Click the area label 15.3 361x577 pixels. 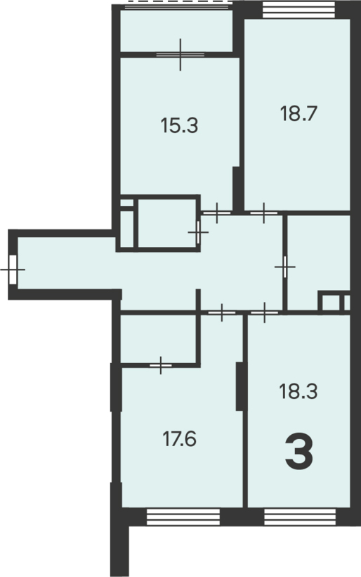coord(179,125)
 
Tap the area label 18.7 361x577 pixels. coord(298,113)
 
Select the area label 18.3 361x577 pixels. coord(298,391)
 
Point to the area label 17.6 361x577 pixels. coord(180,439)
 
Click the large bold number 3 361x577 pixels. coord(299,452)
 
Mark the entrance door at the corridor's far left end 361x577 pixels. coord(13,270)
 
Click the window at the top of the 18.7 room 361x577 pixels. coord(299,10)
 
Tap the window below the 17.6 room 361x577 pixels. coord(183,517)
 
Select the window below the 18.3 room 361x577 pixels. coord(300,517)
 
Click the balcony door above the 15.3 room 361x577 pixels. coord(180,54)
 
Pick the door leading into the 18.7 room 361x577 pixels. coord(263,213)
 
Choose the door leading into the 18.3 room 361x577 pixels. coord(264,313)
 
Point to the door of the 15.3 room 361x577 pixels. coord(217,213)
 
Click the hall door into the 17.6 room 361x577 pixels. coord(221,313)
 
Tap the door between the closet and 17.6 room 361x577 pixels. coord(161,365)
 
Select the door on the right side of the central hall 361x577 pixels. coord(285,267)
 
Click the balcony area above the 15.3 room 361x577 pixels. coord(176,31)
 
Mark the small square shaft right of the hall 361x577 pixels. coord(331,303)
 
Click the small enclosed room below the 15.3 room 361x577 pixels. coord(167,223)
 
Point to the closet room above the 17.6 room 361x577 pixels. coord(158,339)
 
